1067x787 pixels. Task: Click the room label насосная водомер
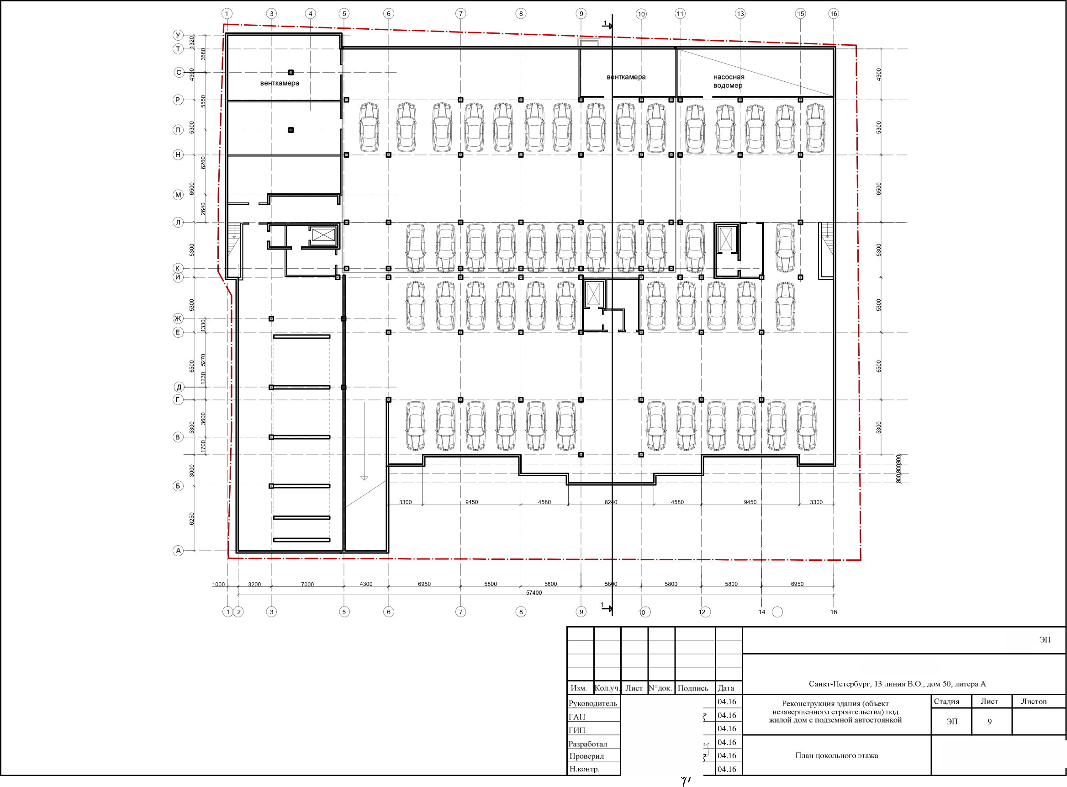point(729,81)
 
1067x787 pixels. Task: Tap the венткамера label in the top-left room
point(280,83)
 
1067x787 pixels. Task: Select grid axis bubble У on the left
point(178,35)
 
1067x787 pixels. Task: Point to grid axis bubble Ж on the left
point(178,318)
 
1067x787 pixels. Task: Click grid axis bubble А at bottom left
point(178,551)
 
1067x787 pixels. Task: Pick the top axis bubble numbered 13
point(740,14)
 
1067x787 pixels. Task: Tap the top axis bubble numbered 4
point(311,14)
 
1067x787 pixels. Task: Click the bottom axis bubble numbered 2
point(239,612)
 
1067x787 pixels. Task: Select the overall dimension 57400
point(534,593)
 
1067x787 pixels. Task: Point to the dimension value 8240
point(611,502)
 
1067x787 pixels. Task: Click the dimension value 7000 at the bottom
point(307,584)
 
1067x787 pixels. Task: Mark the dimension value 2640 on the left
point(203,209)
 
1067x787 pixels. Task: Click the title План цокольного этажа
point(836,755)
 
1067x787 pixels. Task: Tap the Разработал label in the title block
point(587,744)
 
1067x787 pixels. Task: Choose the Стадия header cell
point(946,701)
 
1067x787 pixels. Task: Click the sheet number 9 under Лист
point(989,722)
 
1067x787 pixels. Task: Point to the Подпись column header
point(693,688)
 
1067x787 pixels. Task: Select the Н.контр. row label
point(584,769)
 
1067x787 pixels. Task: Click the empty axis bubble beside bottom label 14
point(777,612)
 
